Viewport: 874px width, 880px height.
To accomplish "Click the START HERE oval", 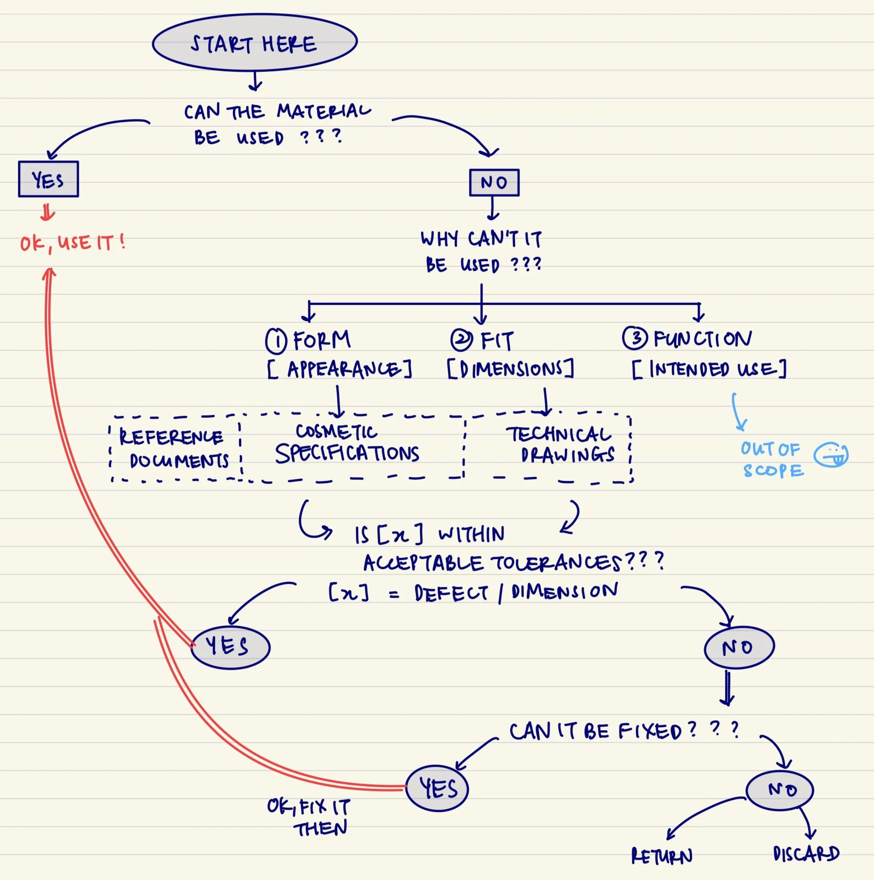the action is pos(255,42).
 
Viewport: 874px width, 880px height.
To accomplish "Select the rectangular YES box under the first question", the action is pos(48,179).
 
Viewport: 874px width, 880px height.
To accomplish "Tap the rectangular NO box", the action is pos(494,183).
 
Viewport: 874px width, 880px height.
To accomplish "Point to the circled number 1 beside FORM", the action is pos(276,341).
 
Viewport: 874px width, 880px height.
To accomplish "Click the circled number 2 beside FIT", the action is pos(461,340).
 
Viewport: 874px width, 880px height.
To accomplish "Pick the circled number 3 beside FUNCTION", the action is pos(635,338).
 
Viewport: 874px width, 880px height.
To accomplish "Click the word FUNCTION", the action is pos(703,339).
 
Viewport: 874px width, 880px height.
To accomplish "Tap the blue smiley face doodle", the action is pos(831,454).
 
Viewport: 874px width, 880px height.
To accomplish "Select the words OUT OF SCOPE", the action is pos(772,459).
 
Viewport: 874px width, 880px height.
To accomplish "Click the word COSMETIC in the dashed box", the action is pos(336,431).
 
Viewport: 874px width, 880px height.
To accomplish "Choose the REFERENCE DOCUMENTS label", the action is pos(173,449).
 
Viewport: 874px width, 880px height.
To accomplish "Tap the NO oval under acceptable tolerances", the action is pos(739,647).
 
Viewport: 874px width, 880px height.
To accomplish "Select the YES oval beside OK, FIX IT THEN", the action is pos(437,788).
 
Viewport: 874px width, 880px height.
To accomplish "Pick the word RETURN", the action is pos(662,856).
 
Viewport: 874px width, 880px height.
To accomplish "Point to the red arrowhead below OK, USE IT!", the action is pos(49,273).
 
